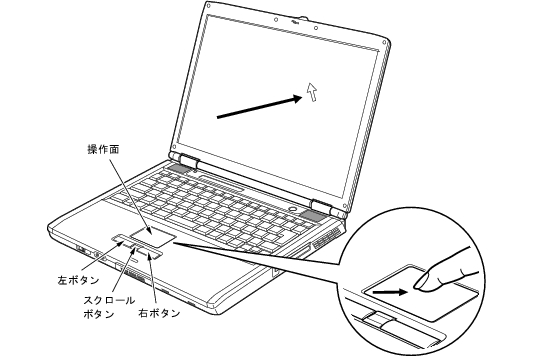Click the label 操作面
click(x=103, y=149)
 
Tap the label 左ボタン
click(x=78, y=280)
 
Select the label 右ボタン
click(x=159, y=313)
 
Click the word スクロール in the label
click(x=109, y=300)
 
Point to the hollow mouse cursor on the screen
click(x=312, y=91)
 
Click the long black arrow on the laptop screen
click(x=260, y=107)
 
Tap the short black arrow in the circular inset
click(x=390, y=292)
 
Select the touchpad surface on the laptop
click(x=153, y=236)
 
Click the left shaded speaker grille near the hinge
click(x=179, y=168)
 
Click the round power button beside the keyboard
click(x=293, y=208)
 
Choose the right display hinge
click(x=321, y=205)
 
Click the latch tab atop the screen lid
click(x=302, y=18)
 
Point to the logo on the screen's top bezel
click(x=295, y=22)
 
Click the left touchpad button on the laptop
click(x=122, y=239)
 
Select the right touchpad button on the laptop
click(x=149, y=253)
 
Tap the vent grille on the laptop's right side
click(x=326, y=239)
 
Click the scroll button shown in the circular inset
click(x=378, y=319)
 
